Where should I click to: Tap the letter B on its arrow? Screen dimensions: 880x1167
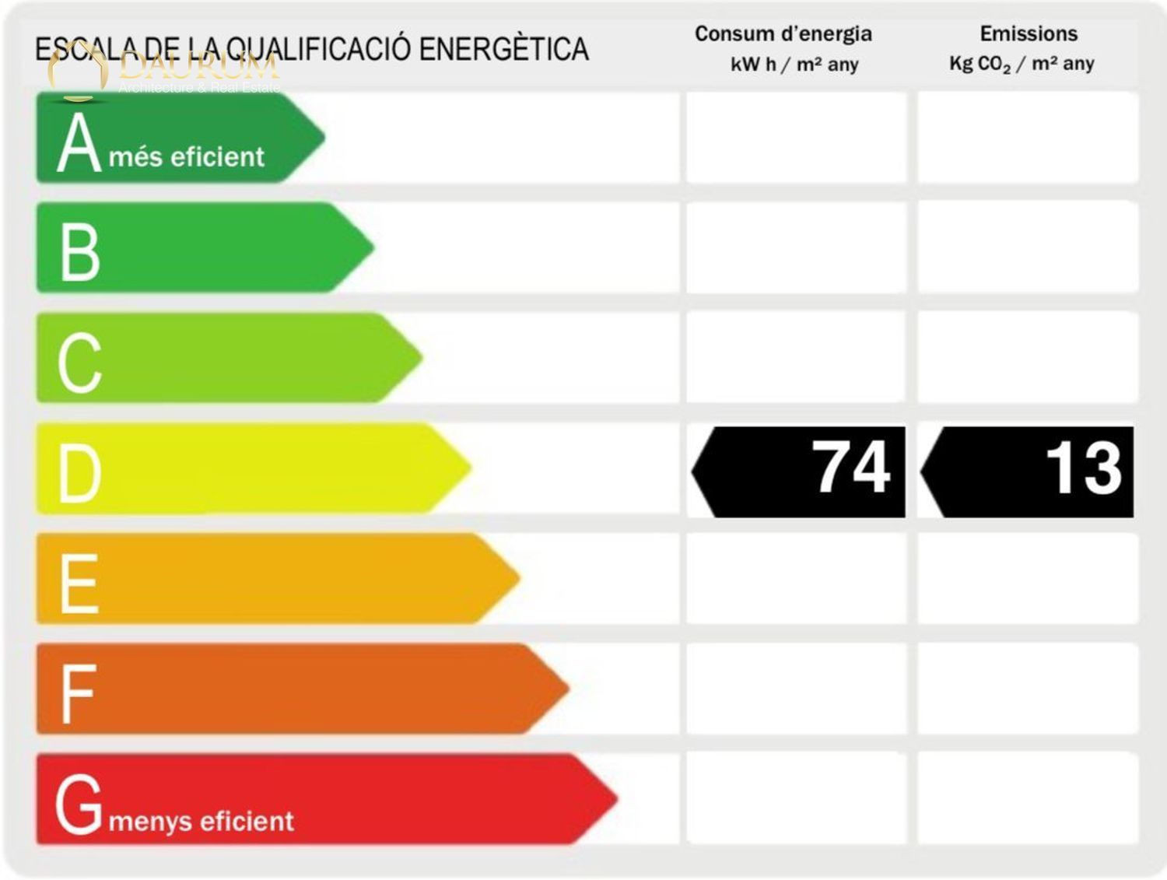tap(80, 252)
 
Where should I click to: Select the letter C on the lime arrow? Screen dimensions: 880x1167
tap(80, 362)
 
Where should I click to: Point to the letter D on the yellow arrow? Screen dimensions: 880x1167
tap(80, 473)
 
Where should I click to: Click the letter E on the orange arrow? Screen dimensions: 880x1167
tap(79, 583)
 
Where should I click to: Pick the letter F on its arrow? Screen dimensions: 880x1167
tap(78, 693)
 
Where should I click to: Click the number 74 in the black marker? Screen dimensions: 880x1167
tap(851, 468)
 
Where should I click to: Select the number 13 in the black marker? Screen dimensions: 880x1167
tap(1083, 468)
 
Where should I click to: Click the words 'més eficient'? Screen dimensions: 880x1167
tap(187, 157)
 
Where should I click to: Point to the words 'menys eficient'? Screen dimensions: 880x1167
tap(202, 822)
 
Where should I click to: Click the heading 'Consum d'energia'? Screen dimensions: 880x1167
tap(783, 34)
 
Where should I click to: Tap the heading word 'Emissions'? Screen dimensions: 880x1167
tap(1029, 34)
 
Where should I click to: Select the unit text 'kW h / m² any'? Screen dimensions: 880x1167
tap(794, 65)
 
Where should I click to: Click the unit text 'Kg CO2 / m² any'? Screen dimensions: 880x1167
tap(1022, 64)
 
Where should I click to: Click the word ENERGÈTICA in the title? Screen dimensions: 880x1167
tap(503, 49)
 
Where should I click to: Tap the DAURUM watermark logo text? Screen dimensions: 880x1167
tap(200, 66)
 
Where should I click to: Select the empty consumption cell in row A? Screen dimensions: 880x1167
tap(797, 138)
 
